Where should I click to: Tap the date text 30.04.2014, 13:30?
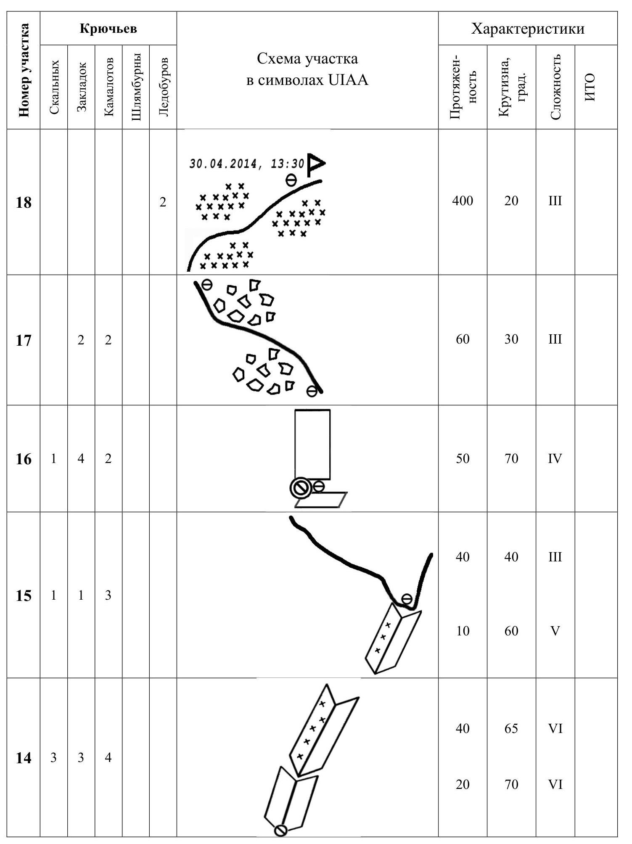(x=246, y=164)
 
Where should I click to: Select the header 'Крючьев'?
(x=108, y=29)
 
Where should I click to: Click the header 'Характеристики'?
(x=528, y=29)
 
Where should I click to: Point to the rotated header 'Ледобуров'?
(x=164, y=87)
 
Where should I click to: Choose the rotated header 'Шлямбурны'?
(x=136, y=87)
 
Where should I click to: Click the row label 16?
(x=24, y=459)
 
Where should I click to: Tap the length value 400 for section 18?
(x=463, y=201)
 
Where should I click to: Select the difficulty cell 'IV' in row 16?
(x=555, y=458)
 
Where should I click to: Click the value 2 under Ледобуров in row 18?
(x=163, y=202)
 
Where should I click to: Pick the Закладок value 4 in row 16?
(x=81, y=458)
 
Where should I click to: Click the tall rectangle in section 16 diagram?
(x=312, y=444)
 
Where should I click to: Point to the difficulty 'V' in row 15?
(x=555, y=631)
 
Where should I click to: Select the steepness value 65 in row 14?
(x=511, y=729)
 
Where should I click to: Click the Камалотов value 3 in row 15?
(x=108, y=595)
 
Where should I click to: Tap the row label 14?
(x=24, y=758)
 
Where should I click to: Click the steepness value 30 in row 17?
(x=511, y=339)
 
